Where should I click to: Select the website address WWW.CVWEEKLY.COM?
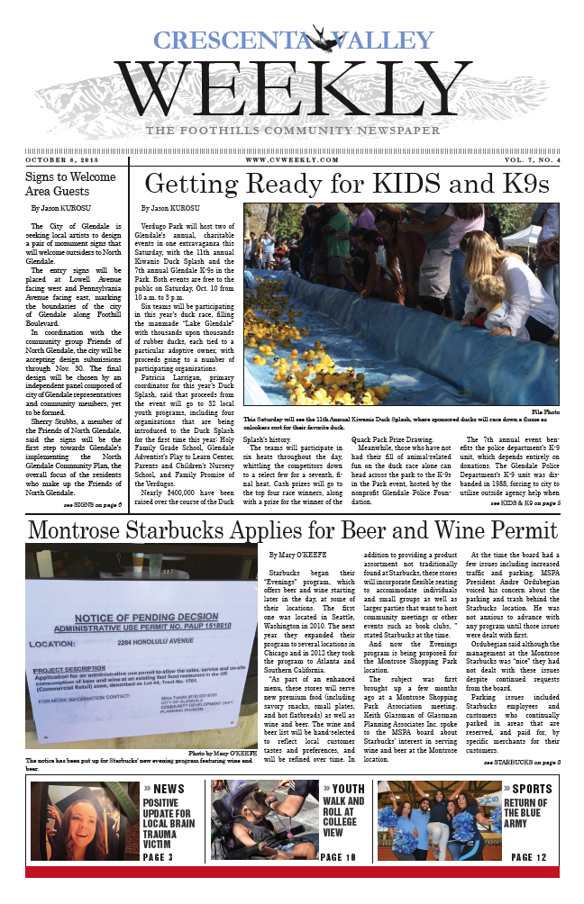tap(279, 159)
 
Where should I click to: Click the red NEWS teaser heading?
tap(169, 790)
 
